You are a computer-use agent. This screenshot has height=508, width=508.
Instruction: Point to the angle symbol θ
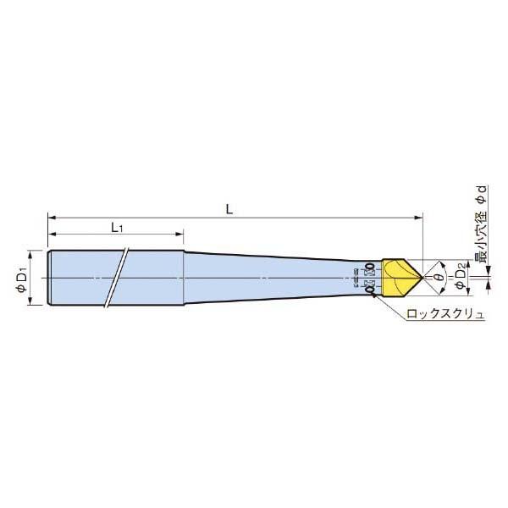[439, 277]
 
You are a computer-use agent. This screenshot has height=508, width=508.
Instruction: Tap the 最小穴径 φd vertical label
[481, 224]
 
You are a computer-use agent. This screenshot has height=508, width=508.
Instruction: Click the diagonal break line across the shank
[117, 278]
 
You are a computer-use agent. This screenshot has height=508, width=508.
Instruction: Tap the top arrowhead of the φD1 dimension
[31, 251]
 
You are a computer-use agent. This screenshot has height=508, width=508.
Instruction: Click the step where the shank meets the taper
[184, 278]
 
